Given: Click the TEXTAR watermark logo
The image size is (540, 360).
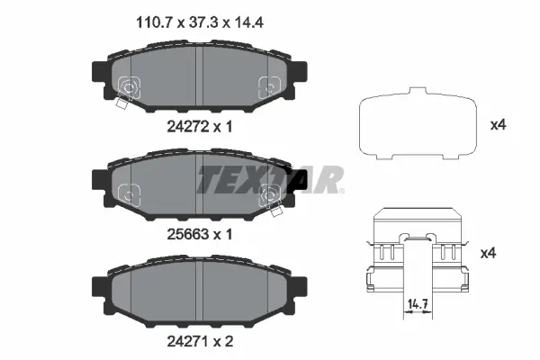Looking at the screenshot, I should pyautogui.click(x=270, y=180).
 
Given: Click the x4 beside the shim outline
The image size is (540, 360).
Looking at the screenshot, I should pyautogui.click(x=498, y=126).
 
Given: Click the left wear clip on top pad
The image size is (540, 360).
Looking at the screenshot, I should pyautogui.click(x=127, y=90).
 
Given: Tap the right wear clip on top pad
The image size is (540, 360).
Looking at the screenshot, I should pyautogui.click(x=267, y=87).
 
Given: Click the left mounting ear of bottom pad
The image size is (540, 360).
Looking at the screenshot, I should pyautogui.click(x=100, y=287).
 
